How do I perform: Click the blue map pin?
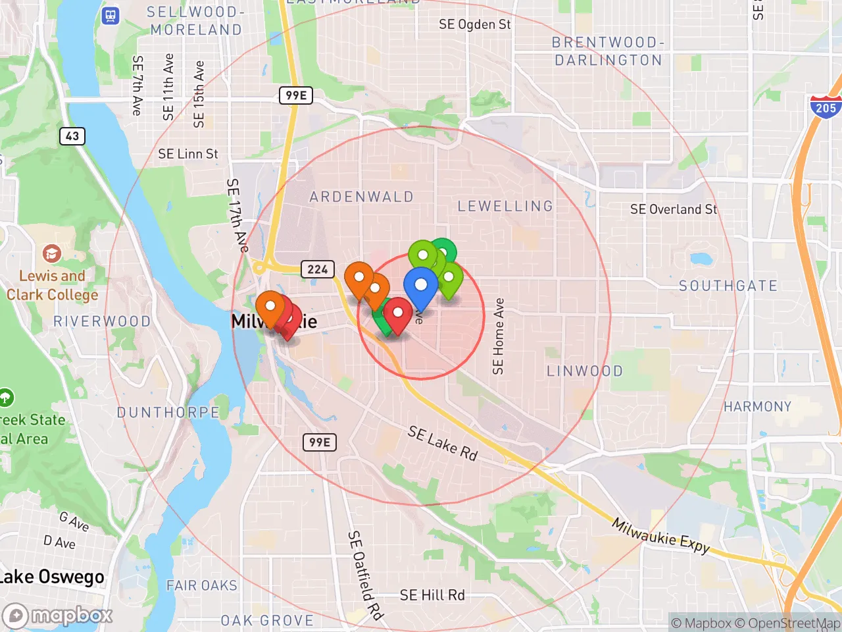[x=420, y=286]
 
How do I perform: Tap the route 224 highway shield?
[x=318, y=269]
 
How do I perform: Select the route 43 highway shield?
[x=72, y=136]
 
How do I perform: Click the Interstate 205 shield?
[x=825, y=107]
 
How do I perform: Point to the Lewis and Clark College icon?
[x=51, y=253]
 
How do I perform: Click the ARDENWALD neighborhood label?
[x=361, y=197]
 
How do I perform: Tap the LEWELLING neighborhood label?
[x=505, y=206]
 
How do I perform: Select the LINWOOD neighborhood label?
[x=585, y=371]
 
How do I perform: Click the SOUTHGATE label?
[x=728, y=286]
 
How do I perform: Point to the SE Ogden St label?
[x=474, y=25]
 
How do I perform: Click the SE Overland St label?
[x=673, y=209]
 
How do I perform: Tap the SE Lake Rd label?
[x=442, y=443]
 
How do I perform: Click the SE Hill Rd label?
[x=432, y=595]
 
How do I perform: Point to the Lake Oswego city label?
[x=51, y=577]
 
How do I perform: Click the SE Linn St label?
[x=187, y=154]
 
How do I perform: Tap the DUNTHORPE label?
[x=168, y=413]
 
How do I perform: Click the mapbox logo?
[x=58, y=616]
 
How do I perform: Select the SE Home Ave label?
[x=499, y=336]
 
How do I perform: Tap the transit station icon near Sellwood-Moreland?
[x=111, y=16]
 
